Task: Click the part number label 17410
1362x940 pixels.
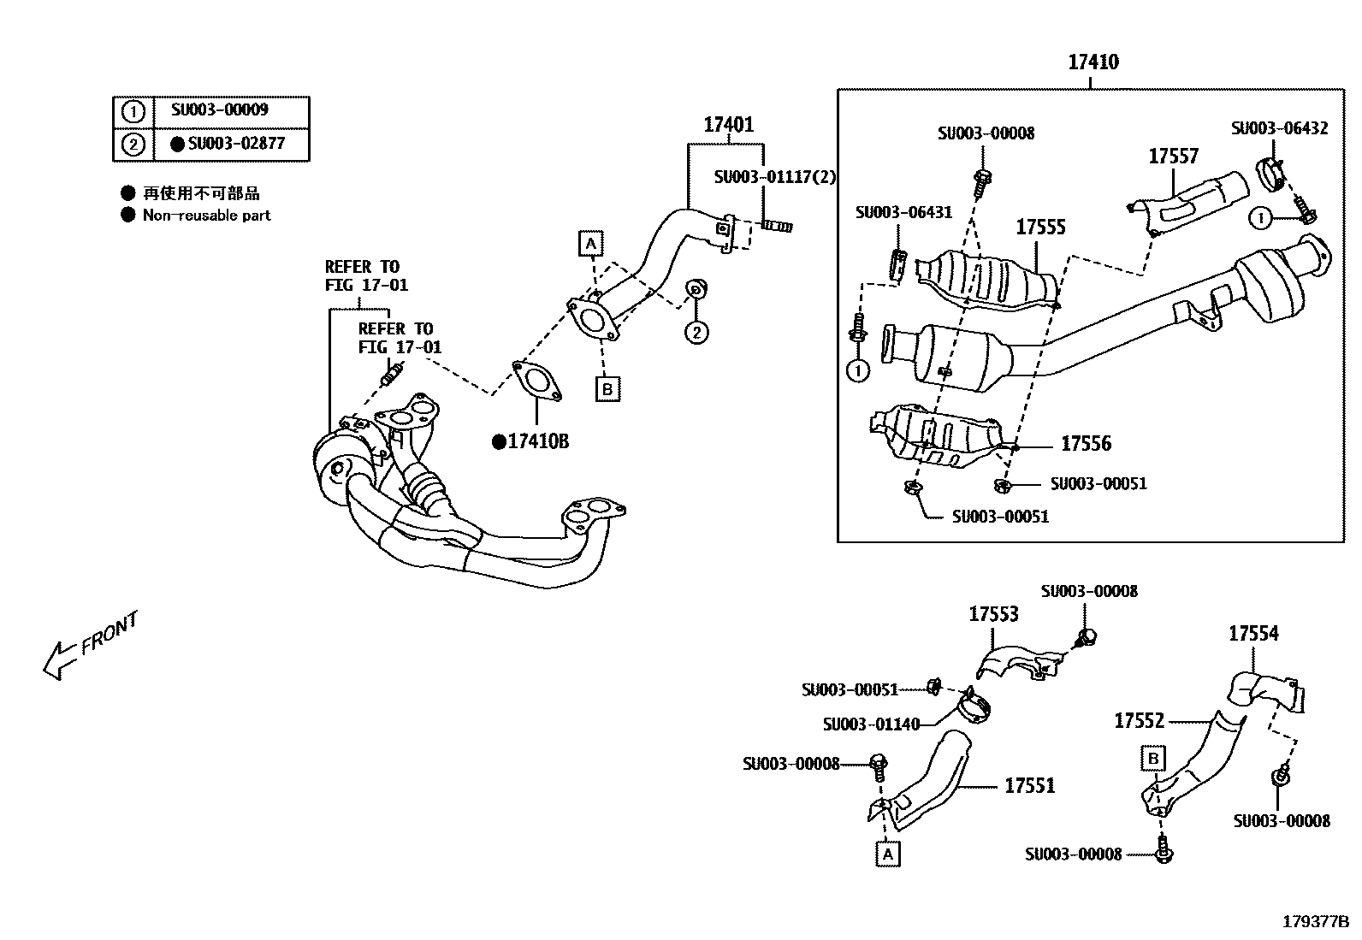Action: coord(1093,62)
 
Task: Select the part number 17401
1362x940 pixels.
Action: coord(728,125)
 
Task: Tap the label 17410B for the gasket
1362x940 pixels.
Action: coord(536,441)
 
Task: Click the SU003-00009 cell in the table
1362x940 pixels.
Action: coord(220,110)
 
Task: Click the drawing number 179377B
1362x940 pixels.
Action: coord(1315,921)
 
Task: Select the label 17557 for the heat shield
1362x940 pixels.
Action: coord(1173,157)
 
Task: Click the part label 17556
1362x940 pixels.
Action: coord(1086,443)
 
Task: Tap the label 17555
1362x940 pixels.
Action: coord(1040,228)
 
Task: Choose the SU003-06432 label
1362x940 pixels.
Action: coord(1279,128)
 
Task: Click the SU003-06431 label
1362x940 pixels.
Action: coord(903,212)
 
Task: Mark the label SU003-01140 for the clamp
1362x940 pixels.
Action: coord(871,724)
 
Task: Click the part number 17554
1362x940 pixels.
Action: coord(1253,634)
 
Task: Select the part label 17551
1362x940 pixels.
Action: coord(1029,785)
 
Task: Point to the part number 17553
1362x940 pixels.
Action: coord(993,614)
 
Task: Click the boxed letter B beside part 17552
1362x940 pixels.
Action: coord(1152,758)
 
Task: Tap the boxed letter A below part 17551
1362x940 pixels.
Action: coord(887,853)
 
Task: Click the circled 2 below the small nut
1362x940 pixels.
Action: coord(696,332)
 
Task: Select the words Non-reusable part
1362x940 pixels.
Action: coord(206,216)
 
